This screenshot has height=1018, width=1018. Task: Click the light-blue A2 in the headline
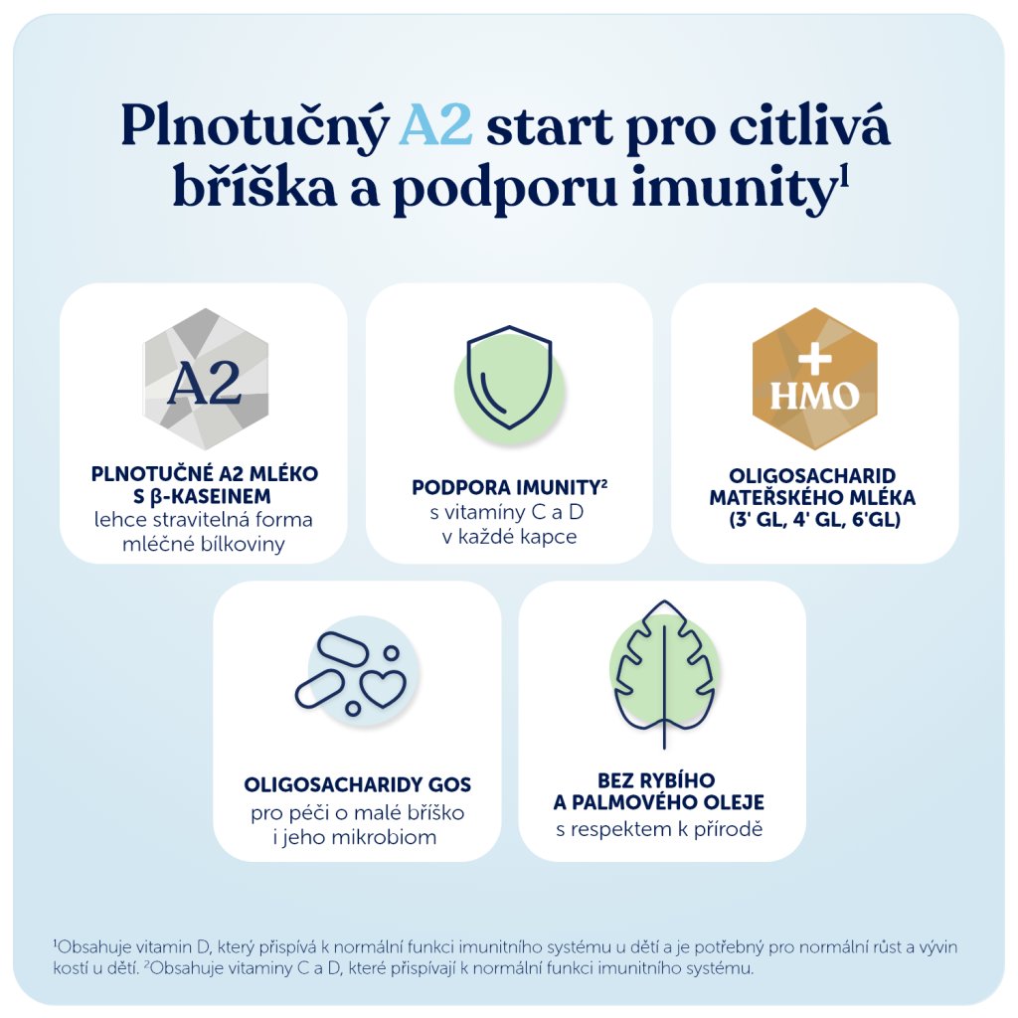[435, 125]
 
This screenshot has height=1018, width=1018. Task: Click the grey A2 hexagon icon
[206, 379]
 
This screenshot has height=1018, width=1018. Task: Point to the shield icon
[510, 378]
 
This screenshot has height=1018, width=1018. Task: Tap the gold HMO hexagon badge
[815, 379]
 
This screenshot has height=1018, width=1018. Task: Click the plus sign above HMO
[815, 358]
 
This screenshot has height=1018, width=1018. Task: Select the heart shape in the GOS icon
[383, 689]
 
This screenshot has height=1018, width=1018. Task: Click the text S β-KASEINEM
[202, 497]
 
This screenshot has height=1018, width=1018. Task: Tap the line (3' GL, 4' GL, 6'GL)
[815, 520]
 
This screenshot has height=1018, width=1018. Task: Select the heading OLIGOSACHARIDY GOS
[358, 785]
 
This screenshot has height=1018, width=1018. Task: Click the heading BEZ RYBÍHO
[656, 779]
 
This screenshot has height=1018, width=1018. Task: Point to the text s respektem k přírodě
[659, 829]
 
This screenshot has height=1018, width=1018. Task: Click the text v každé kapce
[510, 537]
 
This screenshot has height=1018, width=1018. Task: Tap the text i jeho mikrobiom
[355, 837]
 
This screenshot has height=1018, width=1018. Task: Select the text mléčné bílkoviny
[204, 544]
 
